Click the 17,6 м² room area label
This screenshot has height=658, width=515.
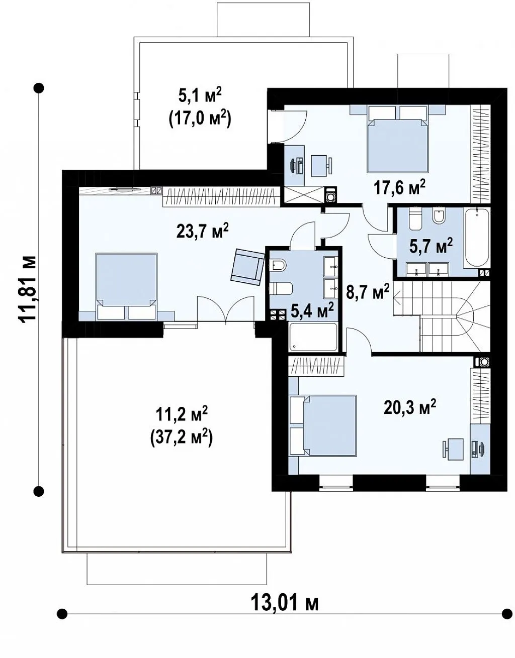[399, 188]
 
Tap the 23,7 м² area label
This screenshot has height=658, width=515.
[203, 232]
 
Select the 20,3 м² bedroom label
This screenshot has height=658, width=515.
[410, 407]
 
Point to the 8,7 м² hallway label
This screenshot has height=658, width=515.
[368, 292]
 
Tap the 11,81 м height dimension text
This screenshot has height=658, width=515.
[28, 290]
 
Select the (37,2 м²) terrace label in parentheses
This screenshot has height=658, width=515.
[181, 437]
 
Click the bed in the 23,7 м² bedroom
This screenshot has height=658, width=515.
[126, 286]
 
